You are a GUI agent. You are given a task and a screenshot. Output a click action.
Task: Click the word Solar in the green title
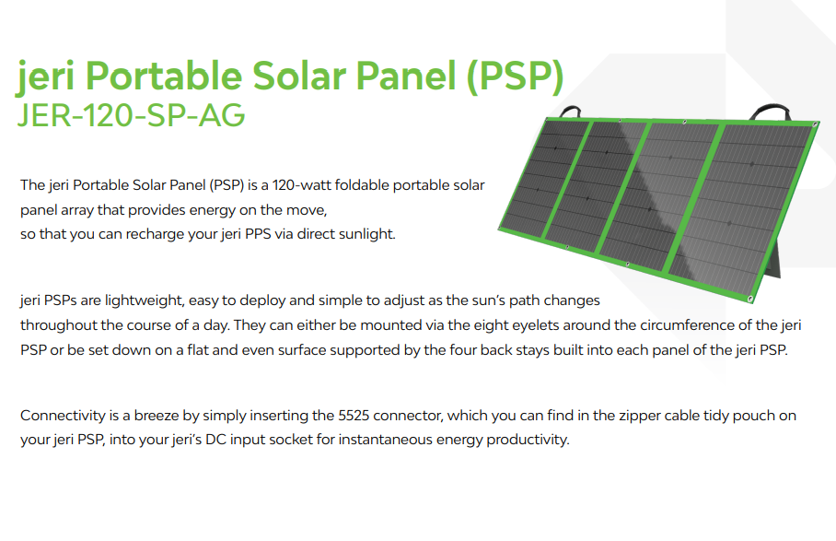point(298,76)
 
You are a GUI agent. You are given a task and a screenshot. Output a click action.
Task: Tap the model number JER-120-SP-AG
point(131,114)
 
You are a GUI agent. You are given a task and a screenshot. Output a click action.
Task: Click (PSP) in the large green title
point(515,76)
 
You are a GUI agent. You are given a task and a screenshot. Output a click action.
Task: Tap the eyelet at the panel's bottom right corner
point(750,299)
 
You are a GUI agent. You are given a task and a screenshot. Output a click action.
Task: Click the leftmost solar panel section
point(544,177)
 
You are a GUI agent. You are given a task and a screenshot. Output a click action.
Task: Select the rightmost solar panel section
point(742,207)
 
